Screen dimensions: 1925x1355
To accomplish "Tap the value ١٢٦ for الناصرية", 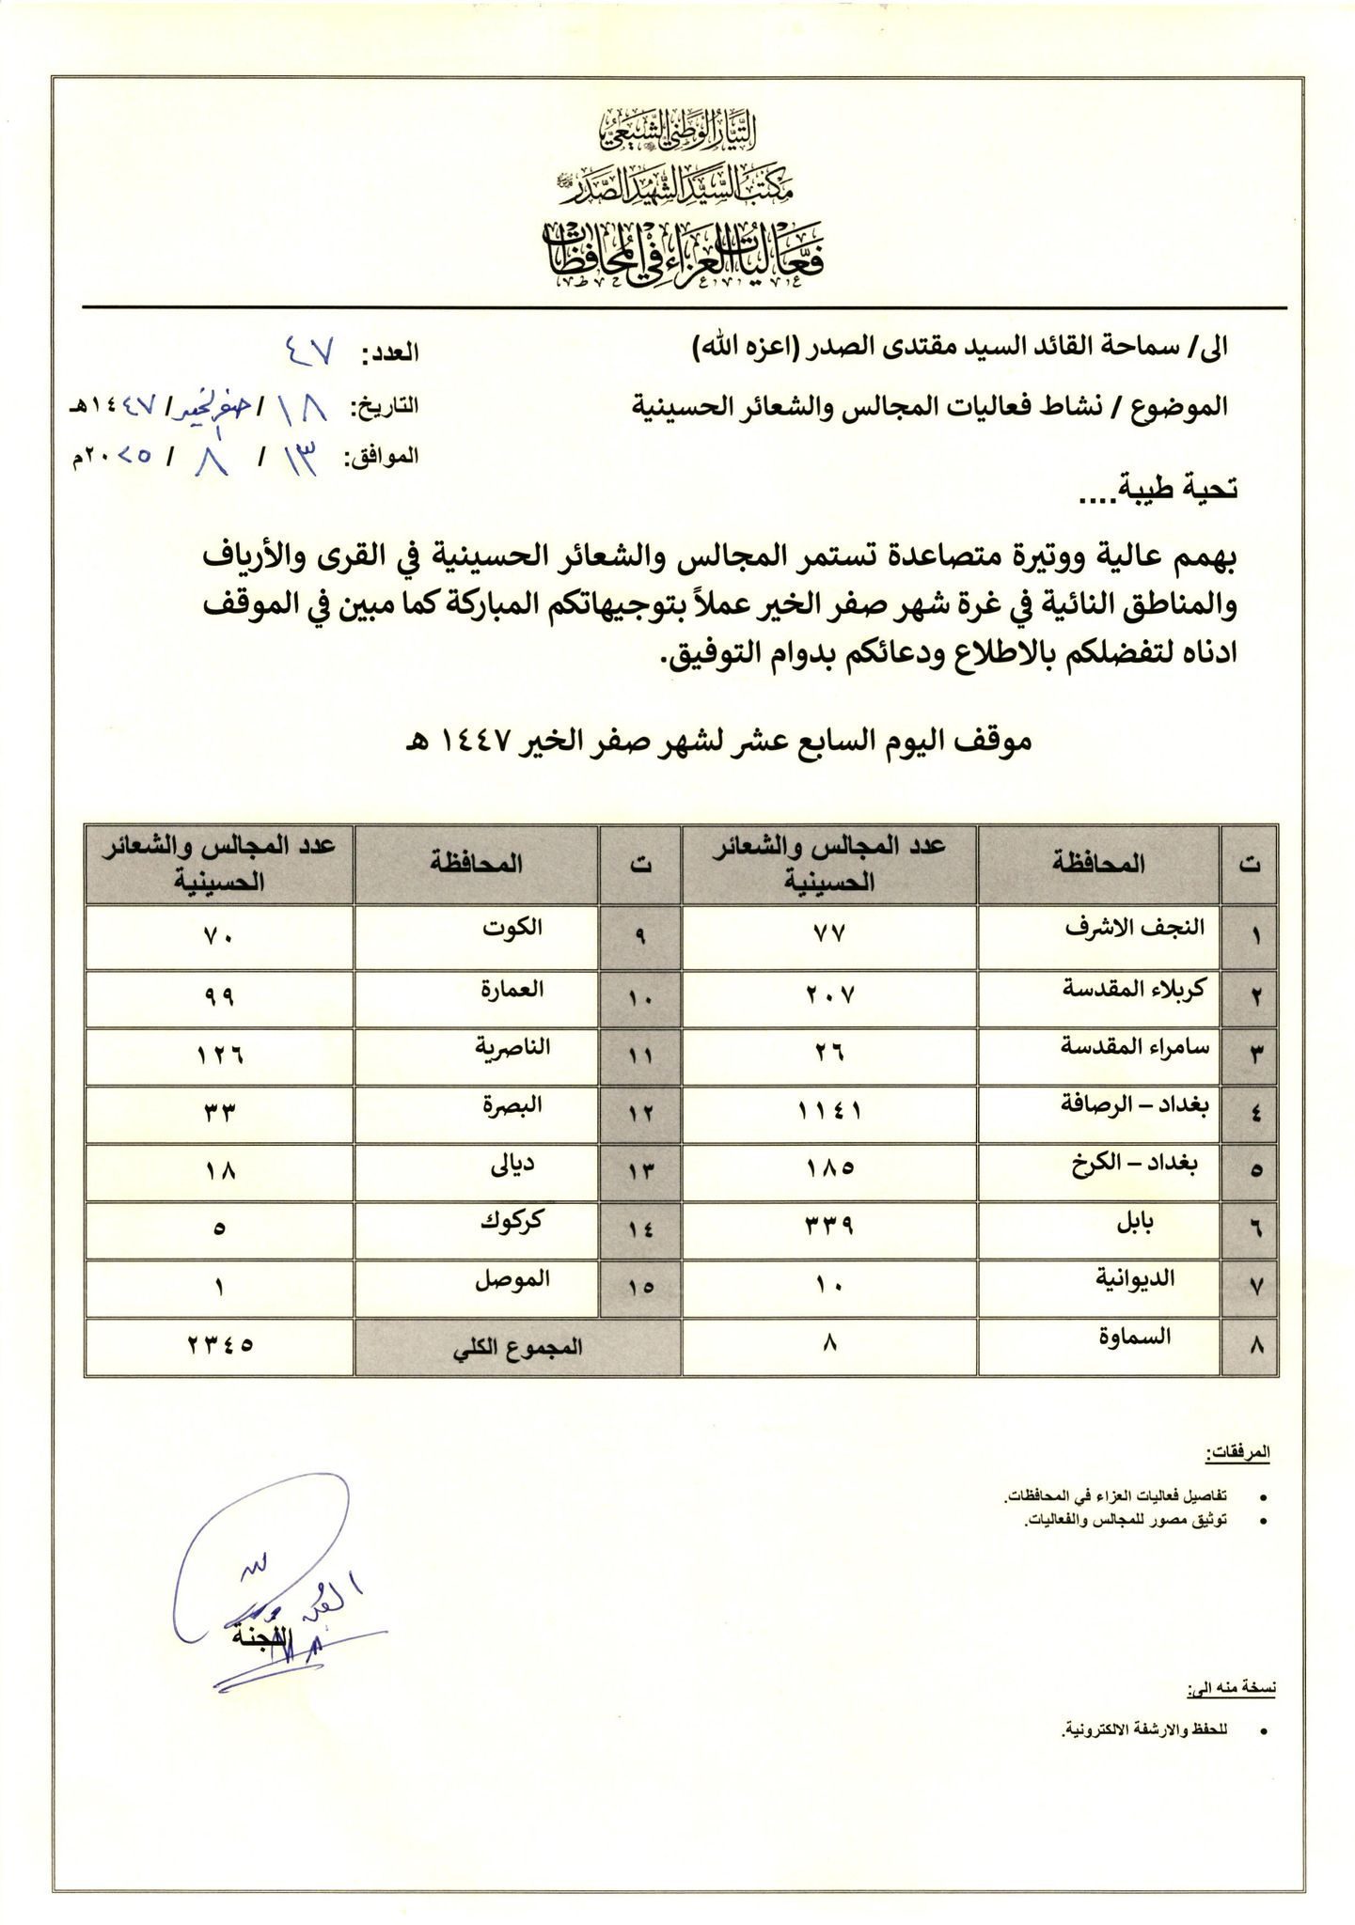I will click(219, 1054).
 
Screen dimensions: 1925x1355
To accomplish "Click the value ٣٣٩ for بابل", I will click(829, 1229).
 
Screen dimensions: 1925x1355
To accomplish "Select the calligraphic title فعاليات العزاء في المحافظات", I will click(685, 256).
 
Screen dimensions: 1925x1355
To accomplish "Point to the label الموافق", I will click(381, 457).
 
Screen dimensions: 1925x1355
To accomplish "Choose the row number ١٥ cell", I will click(640, 1287).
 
